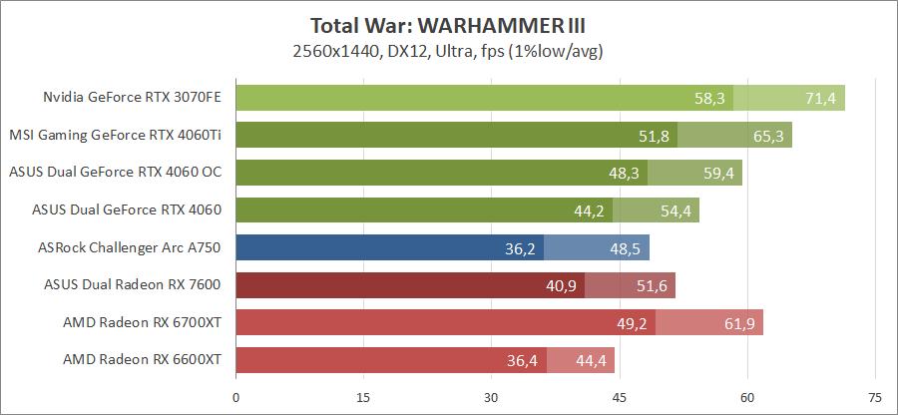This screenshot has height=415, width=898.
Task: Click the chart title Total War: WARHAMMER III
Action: click(449, 25)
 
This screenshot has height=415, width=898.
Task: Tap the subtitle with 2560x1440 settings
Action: click(449, 50)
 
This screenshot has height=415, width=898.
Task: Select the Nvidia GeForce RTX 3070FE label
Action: click(132, 98)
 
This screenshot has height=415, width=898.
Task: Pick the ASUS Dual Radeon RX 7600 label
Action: click(133, 284)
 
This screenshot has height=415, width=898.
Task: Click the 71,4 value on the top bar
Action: click(820, 98)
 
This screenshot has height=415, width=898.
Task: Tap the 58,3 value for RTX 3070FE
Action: click(710, 98)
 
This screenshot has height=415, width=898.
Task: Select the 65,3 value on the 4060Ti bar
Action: click(768, 135)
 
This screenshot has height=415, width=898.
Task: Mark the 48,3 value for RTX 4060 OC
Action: click(625, 173)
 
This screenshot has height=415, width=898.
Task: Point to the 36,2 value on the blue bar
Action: click(521, 247)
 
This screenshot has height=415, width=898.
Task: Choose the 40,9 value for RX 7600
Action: click(561, 284)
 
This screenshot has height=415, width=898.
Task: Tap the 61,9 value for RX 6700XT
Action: click(739, 322)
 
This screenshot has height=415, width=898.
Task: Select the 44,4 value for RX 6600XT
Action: click(591, 359)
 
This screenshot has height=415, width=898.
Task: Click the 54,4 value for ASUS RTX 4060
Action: click(675, 209)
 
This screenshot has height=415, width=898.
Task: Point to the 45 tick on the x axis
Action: click(619, 397)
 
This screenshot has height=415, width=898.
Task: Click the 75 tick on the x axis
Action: click(874, 397)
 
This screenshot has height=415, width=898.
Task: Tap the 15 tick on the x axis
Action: click(363, 397)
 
